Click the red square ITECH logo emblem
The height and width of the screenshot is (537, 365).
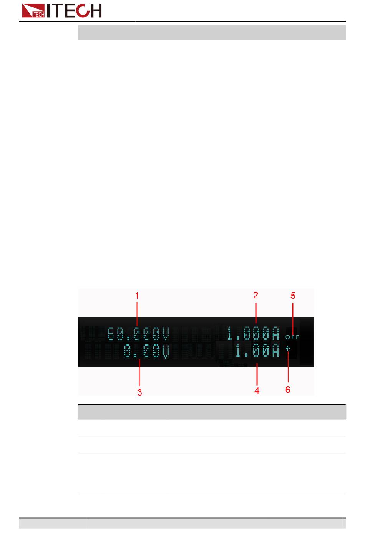click(x=33, y=10)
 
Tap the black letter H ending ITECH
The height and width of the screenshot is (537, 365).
click(x=95, y=10)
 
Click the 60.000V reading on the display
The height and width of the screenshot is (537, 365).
click(x=138, y=334)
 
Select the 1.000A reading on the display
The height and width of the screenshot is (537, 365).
click(x=253, y=333)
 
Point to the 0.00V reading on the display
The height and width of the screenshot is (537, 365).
click(x=146, y=351)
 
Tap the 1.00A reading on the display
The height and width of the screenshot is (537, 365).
click(x=257, y=351)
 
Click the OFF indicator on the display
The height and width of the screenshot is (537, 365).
click(x=292, y=337)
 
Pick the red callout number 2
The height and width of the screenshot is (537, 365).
click(x=255, y=295)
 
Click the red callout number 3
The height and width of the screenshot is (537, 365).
click(x=140, y=392)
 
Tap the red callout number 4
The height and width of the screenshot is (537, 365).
click(x=257, y=391)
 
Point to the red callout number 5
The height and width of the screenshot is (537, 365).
click(x=293, y=296)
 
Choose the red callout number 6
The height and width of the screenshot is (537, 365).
click(x=288, y=389)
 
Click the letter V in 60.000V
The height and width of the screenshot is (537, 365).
click(x=165, y=334)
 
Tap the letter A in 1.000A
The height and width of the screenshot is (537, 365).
click(x=275, y=333)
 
